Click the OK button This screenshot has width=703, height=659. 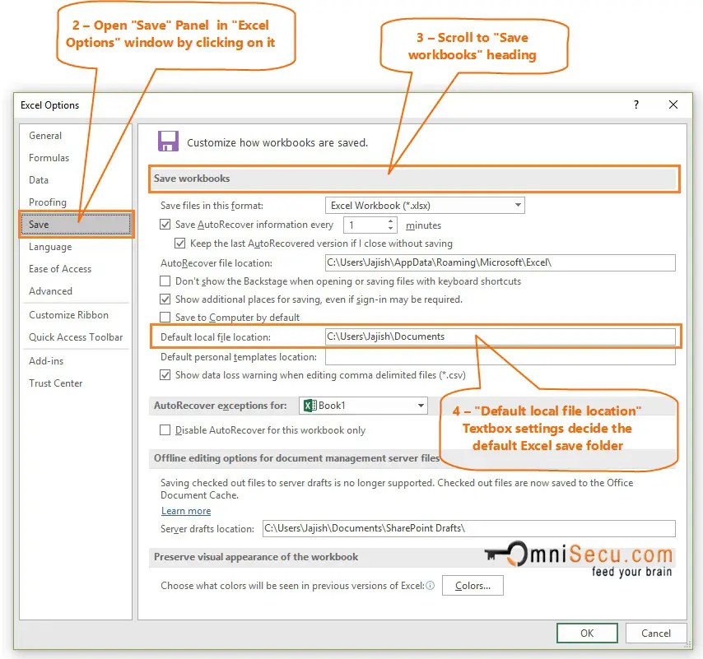point(587,633)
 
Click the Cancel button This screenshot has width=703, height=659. point(655,633)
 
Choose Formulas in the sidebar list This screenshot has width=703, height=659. point(49,158)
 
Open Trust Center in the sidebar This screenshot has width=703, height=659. point(56,383)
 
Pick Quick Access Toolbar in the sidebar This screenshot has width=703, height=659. point(76,337)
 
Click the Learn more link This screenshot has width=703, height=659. point(186,511)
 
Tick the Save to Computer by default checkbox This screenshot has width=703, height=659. point(165,318)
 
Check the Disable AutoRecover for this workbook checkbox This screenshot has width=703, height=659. point(165,430)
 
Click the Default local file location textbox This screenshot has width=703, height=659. point(500,336)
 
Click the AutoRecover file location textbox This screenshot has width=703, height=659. point(500,263)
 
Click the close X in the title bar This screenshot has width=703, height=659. point(673,105)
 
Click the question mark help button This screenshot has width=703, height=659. point(635,105)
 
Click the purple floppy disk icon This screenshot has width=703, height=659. point(168,141)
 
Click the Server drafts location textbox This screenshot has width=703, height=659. point(468,528)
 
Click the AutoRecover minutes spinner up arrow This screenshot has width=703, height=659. point(391,221)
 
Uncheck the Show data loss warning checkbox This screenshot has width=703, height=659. point(165,375)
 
